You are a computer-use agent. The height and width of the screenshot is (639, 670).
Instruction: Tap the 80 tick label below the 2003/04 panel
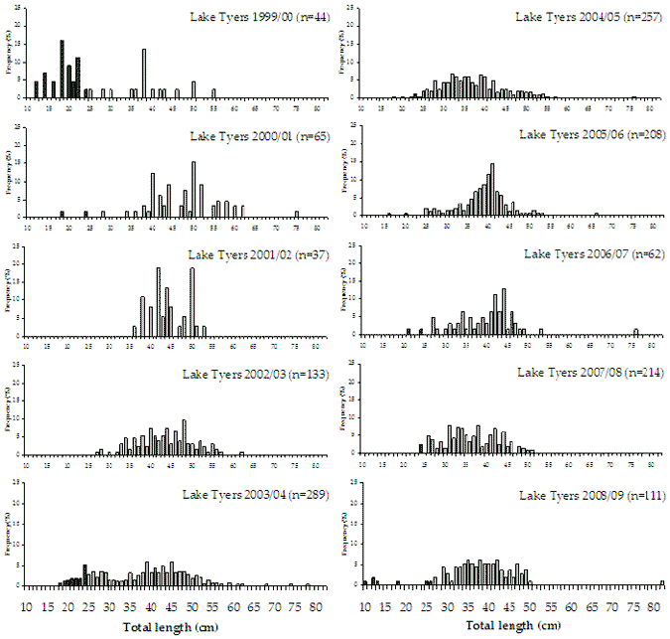point(316,605)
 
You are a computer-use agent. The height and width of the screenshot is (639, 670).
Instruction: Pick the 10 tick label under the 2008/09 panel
point(364,605)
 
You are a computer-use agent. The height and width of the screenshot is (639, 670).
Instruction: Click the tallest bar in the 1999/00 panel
point(62,69)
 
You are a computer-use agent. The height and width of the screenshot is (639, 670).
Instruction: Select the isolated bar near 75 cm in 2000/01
point(297,214)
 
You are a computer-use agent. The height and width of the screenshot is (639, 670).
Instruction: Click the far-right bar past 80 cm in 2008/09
point(662,583)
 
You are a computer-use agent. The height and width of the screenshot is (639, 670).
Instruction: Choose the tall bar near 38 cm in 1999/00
point(144,74)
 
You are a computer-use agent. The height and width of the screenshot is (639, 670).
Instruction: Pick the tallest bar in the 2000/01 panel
point(194,189)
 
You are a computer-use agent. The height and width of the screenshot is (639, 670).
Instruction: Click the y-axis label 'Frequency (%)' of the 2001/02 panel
point(9,288)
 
